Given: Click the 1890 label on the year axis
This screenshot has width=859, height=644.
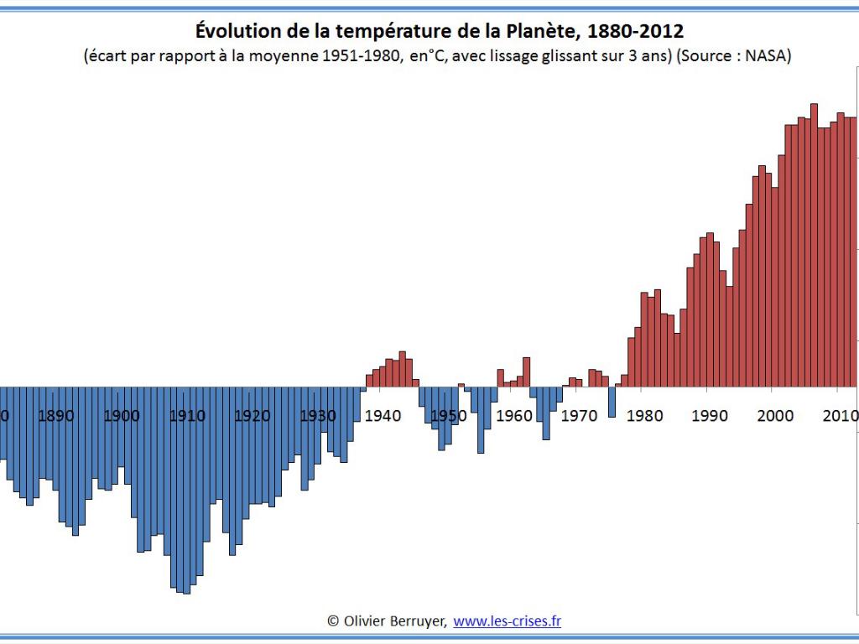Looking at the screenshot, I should click(x=56, y=416).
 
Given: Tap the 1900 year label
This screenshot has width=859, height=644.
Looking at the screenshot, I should click(x=122, y=416).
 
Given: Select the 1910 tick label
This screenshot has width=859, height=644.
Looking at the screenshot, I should click(x=187, y=416).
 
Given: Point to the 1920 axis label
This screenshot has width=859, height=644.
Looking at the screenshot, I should click(x=252, y=416).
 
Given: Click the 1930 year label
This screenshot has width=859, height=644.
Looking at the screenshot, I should click(x=318, y=416).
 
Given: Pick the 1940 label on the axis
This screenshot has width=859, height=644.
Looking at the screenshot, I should click(x=383, y=416).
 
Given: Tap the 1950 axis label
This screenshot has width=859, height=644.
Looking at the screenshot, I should click(x=448, y=416).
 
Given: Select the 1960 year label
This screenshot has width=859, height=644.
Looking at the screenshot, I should click(x=513, y=416).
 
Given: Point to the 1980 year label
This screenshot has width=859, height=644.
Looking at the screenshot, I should click(x=643, y=416).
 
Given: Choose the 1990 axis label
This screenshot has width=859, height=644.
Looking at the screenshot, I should click(x=709, y=416).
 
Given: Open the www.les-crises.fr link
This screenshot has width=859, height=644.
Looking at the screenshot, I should click(x=508, y=621).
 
